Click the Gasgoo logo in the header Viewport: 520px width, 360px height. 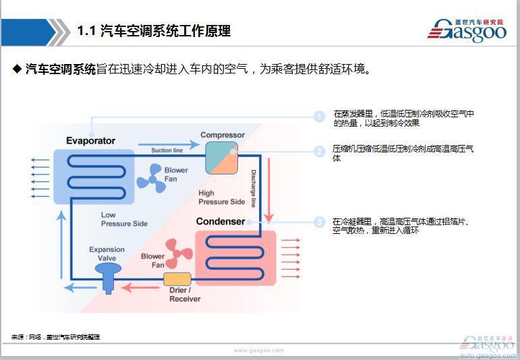tap(466, 30)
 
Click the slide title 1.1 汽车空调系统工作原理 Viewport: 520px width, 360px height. tap(154, 31)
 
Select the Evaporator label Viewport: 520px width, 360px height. tap(90, 141)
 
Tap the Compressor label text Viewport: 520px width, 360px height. tap(222, 135)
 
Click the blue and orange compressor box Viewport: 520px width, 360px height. tap(221, 159)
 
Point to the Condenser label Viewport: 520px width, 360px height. tap(220, 221)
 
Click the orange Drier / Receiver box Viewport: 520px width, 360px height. tap(177, 278)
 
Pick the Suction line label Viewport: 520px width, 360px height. tap(167, 150)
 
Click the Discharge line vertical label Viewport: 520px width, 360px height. tap(254, 188)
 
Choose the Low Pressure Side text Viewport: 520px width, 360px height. tap(124, 219)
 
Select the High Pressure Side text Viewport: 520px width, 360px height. tap(221, 198)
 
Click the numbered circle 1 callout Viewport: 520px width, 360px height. tap(320, 117)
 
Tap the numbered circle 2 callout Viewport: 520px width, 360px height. tap(320, 152)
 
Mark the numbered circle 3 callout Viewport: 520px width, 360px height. tap(320, 222)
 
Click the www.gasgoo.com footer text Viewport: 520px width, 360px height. tap(259, 351)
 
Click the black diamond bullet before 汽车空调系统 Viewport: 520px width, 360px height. tap(18, 69)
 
